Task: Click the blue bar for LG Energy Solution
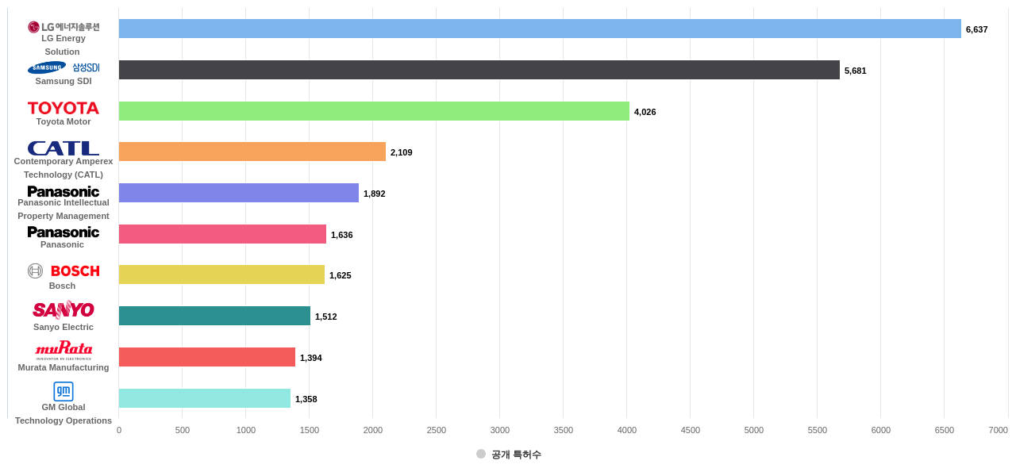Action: (540, 29)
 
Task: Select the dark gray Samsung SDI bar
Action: (479, 70)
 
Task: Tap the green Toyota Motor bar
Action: (374, 111)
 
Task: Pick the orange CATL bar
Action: (252, 152)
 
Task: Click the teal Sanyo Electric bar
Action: (214, 316)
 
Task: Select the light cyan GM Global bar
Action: (205, 398)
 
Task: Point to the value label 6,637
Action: (976, 29)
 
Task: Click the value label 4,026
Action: (645, 112)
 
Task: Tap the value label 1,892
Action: (374, 194)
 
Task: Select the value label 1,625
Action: (340, 275)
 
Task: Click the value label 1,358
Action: (306, 399)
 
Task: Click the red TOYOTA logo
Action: (63, 108)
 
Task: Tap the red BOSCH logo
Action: (75, 271)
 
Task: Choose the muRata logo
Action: (63, 349)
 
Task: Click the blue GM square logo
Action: (63, 391)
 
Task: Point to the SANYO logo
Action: (63, 309)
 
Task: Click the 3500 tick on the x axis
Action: (563, 430)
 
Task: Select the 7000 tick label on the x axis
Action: (998, 430)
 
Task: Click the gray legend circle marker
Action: (481, 454)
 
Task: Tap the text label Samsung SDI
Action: (63, 81)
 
